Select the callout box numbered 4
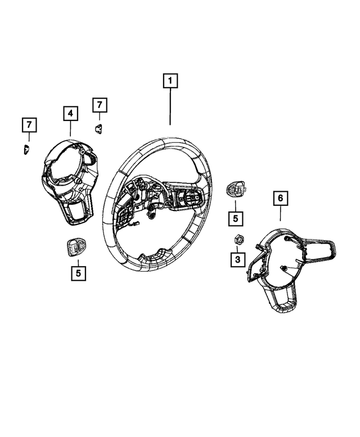70,114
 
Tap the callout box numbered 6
280,198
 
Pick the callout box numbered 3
237,259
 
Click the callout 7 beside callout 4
99,105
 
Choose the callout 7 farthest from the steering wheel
28,125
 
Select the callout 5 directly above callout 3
236,217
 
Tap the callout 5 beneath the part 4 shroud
78,273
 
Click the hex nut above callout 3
237,240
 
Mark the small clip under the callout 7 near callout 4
98,128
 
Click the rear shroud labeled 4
69,180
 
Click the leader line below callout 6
280,214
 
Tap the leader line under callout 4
70,129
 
